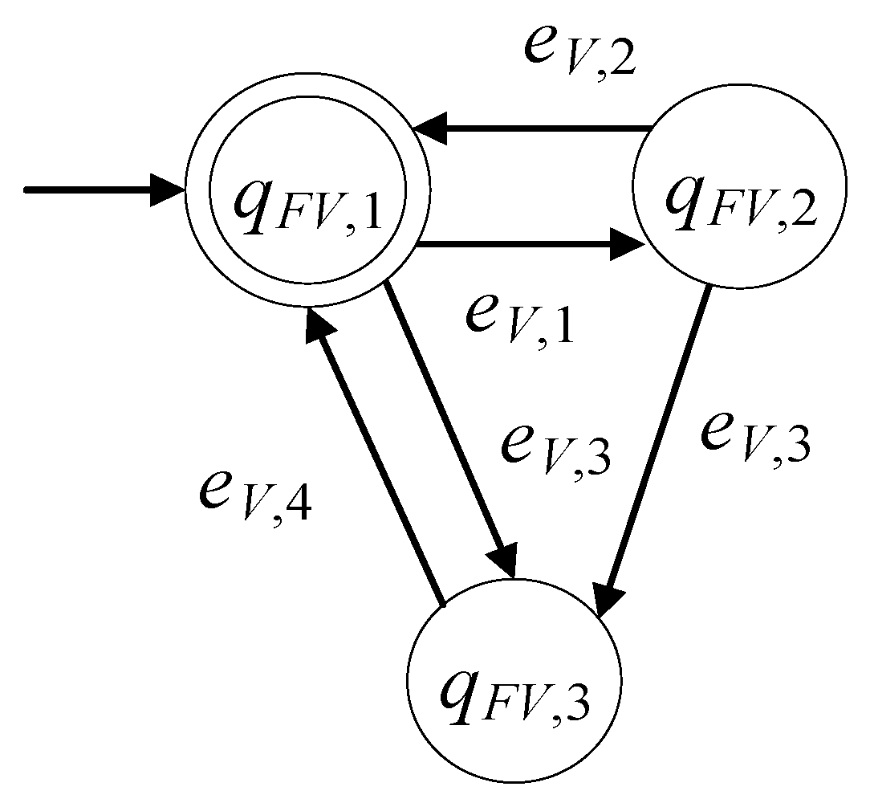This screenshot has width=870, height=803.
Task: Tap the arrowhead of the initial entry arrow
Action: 169,190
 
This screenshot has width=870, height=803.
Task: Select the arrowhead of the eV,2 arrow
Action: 432,128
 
